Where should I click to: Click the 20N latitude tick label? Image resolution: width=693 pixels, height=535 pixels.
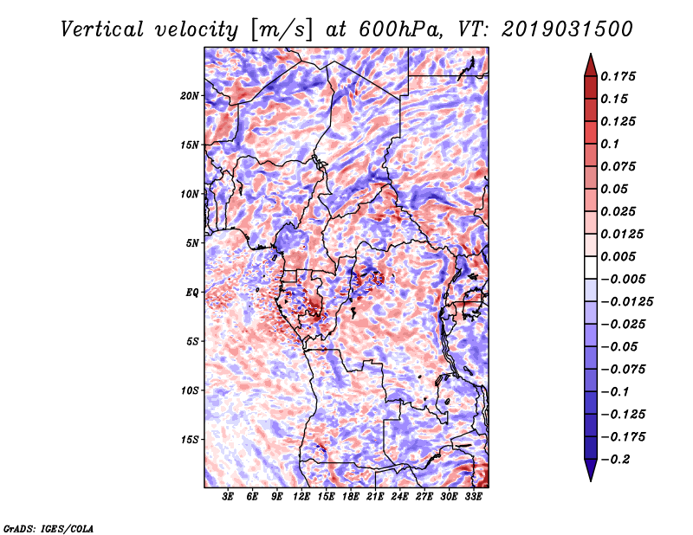[x=190, y=96]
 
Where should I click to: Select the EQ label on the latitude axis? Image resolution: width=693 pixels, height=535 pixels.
[x=192, y=293]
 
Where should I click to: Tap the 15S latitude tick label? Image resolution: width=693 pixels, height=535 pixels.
[x=190, y=440]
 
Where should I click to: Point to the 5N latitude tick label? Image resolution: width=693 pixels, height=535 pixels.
[x=192, y=243]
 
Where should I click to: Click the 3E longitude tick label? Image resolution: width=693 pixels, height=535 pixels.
[x=228, y=497]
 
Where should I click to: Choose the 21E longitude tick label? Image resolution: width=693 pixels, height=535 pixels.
[x=375, y=497]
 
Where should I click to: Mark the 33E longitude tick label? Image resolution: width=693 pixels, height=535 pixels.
[x=473, y=497]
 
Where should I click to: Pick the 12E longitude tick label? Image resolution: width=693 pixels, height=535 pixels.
[x=301, y=497]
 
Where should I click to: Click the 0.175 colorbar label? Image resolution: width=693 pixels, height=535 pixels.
[x=618, y=76]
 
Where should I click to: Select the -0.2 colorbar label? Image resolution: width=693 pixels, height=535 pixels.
[x=615, y=460]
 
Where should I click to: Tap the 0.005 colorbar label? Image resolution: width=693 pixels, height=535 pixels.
[x=618, y=256]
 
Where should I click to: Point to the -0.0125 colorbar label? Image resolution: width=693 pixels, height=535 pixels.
[x=626, y=302]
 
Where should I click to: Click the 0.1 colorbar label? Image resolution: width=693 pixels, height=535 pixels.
[x=610, y=144]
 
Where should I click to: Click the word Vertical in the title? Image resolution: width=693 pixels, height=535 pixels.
[x=102, y=29]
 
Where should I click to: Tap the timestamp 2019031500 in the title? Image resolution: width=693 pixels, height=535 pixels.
[x=567, y=29]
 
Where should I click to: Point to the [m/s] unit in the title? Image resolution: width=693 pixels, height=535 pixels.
[x=282, y=30]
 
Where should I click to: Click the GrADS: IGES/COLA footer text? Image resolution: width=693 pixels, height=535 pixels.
[x=49, y=529]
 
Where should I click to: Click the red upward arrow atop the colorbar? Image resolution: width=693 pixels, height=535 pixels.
[x=591, y=65]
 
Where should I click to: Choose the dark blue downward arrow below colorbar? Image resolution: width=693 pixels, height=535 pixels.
[x=591, y=470]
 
